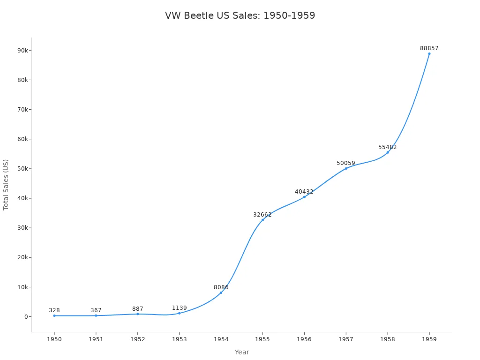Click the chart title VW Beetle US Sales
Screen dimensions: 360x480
click(240, 15)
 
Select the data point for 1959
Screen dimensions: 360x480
click(429, 53)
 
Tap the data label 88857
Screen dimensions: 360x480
click(429, 48)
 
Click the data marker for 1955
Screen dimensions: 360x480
click(262, 220)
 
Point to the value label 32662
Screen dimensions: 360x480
click(262, 215)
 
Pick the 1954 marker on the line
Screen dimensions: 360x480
click(221, 292)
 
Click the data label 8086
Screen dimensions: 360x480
click(221, 287)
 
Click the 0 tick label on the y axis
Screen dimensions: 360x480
click(27, 317)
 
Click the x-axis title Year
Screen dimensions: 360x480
click(242, 352)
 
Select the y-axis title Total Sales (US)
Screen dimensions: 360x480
click(6, 185)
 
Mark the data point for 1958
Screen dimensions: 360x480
click(387, 152)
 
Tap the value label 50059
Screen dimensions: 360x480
click(346, 163)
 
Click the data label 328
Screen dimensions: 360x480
click(54, 310)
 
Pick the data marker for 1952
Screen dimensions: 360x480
click(137, 314)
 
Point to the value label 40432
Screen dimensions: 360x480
click(304, 192)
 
